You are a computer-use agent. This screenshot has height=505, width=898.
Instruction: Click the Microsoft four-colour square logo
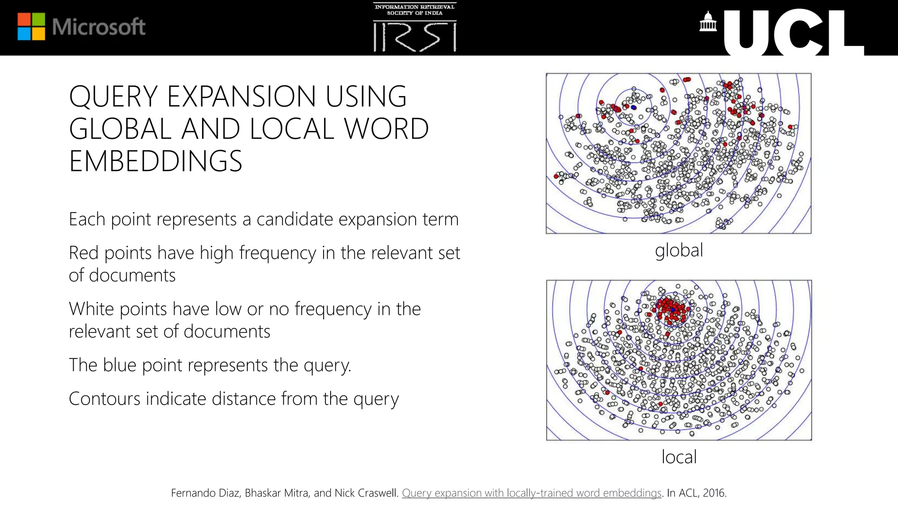31,27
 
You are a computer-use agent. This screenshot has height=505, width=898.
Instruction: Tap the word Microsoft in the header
99,27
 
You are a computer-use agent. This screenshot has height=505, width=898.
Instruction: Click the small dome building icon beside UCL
708,22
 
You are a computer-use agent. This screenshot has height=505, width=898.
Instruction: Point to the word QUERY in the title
113,96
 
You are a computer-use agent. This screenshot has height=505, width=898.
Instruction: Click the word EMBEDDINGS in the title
155,161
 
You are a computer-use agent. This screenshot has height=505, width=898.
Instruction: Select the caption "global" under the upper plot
679,250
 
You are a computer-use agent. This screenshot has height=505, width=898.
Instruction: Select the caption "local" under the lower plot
679,457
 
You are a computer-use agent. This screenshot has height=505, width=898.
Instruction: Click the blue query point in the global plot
634,107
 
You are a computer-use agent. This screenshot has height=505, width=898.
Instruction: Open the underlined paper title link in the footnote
531,493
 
